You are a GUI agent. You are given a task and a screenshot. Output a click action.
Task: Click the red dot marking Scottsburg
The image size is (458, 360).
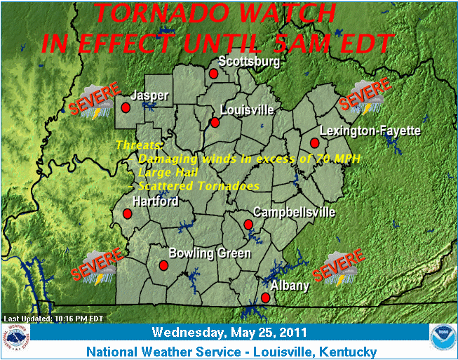[x=213, y=73]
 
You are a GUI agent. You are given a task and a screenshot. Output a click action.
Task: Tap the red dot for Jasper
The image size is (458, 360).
[x=126, y=108]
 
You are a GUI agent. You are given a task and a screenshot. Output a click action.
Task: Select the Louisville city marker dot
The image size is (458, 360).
[x=215, y=122]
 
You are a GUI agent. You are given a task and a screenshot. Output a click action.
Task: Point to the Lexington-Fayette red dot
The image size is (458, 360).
[x=314, y=143]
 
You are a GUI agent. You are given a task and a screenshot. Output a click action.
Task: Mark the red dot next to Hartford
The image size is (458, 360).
[x=128, y=213]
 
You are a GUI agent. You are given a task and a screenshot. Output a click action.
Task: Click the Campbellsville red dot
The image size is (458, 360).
[x=248, y=225]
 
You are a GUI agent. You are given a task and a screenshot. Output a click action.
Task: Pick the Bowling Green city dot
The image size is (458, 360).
[x=163, y=265]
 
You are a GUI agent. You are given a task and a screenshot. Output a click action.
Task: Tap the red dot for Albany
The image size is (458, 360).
[x=265, y=298]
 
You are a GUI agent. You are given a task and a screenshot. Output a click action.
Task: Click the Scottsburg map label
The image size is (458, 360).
[x=249, y=61]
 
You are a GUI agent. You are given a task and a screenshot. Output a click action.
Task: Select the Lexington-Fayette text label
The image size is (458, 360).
[x=370, y=131]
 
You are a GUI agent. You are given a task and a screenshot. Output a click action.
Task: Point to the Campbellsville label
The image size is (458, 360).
[x=294, y=212]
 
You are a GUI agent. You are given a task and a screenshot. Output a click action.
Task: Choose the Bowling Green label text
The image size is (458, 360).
[x=210, y=253]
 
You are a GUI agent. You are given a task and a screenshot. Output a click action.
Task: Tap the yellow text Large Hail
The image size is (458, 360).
[x=168, y=172]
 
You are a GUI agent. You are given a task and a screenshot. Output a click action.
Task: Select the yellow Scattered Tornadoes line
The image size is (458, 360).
[x=198, y=186]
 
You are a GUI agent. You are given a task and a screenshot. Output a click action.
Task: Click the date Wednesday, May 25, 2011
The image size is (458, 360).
[x=229, y=332]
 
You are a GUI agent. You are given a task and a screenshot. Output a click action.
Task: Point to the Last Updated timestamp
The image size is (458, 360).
[x=54, y=318]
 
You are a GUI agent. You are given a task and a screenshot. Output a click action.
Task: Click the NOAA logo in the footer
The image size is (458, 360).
[x=443, y=338]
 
